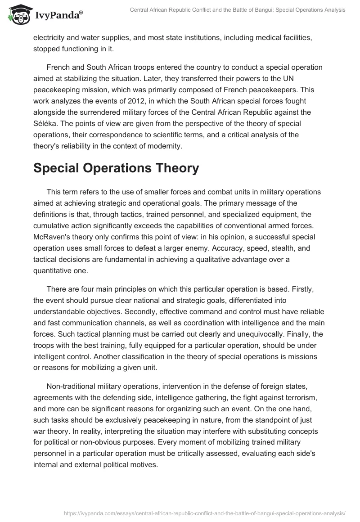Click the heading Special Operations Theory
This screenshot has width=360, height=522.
click(x=116, y=168)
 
